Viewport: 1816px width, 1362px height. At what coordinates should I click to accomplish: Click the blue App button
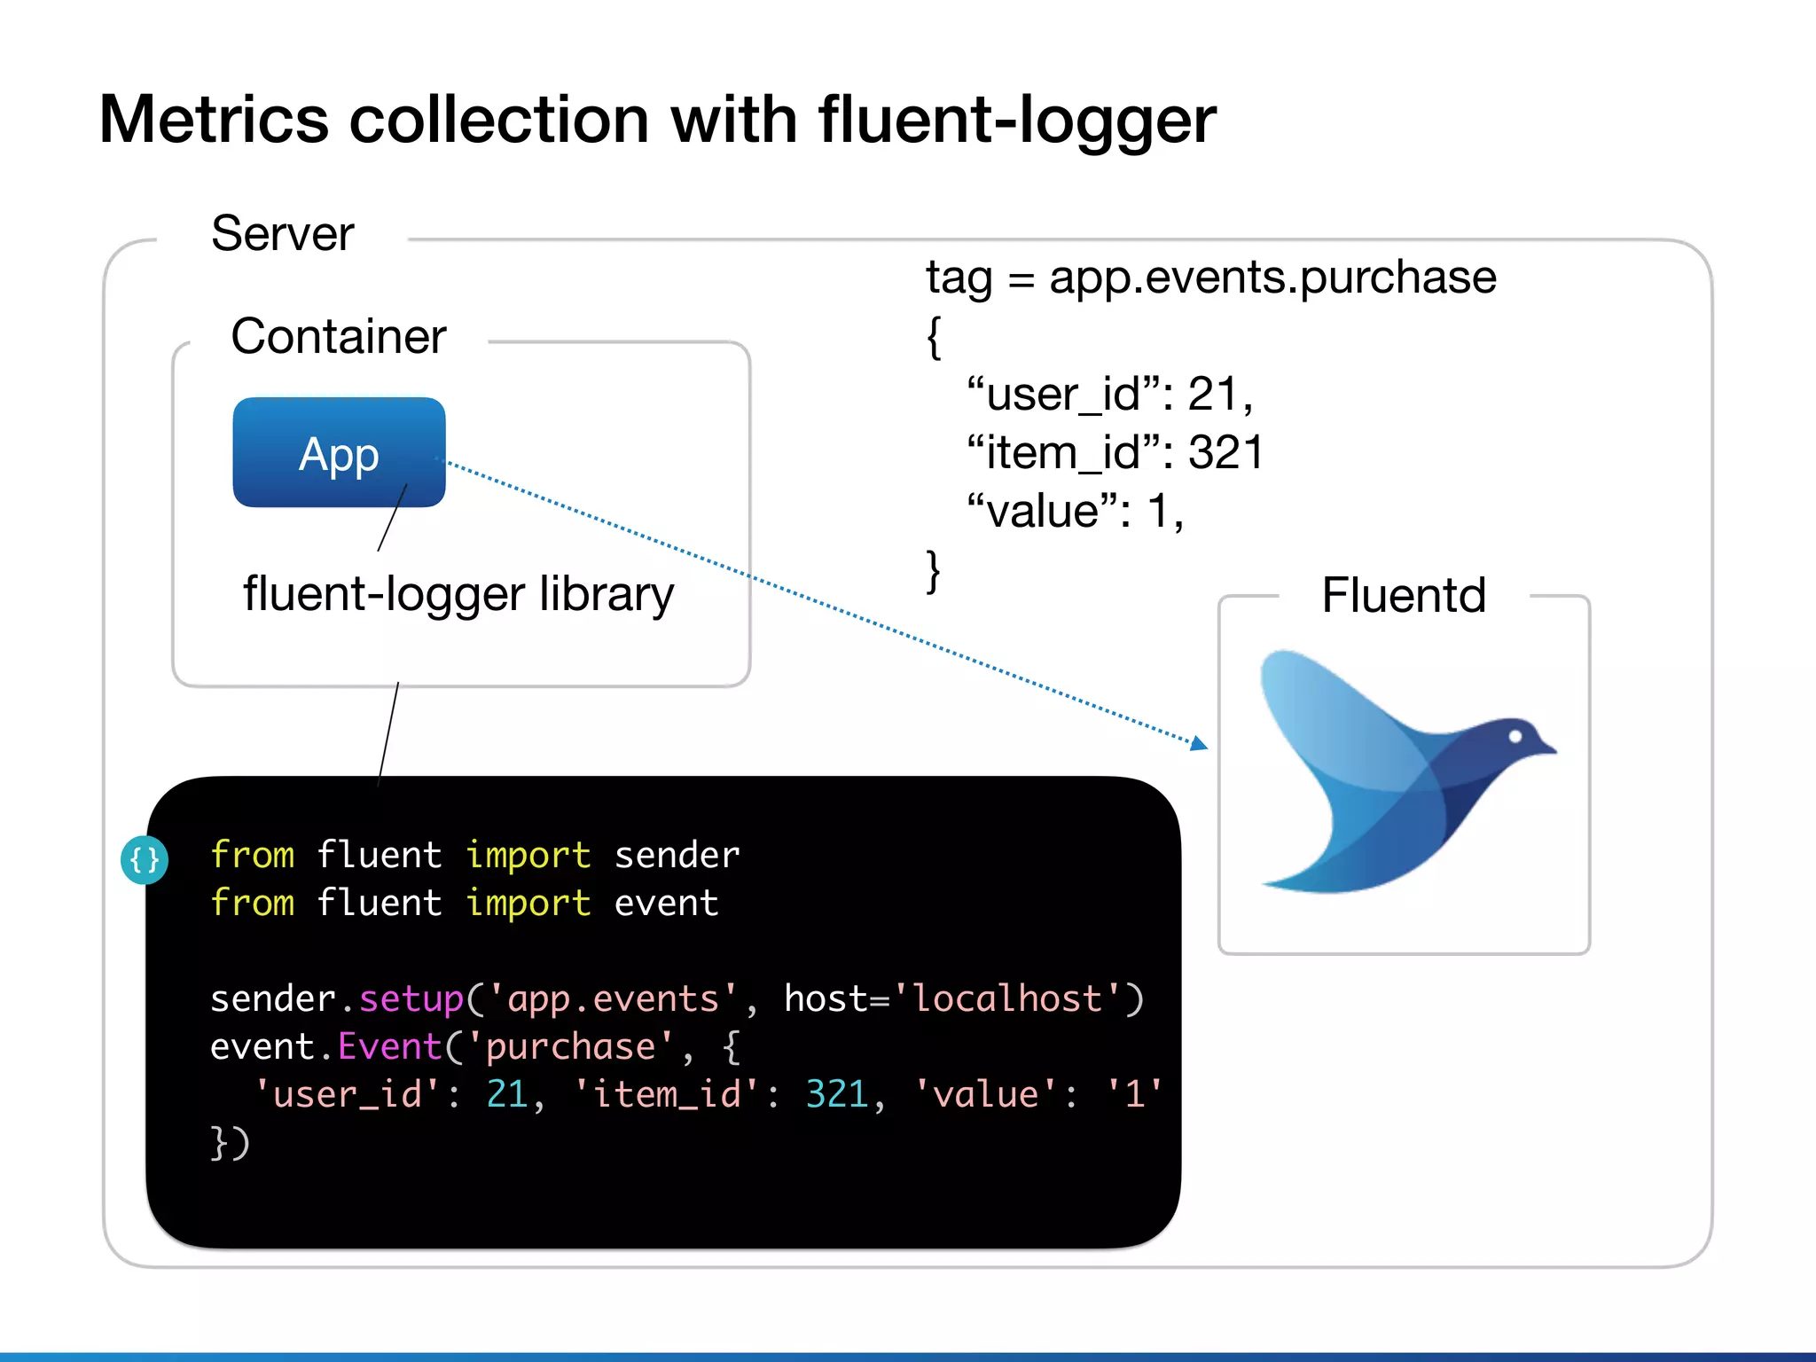pyautogui.click(x=339, y=452)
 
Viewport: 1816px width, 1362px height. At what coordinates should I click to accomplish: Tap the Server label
pyautogui.click(x=282, y=234)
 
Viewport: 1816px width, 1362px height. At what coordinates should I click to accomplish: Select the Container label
pyautogui.click(x=338, y=337)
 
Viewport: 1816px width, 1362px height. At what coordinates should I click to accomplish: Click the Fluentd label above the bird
pyautogui.click(x=1403, y=595)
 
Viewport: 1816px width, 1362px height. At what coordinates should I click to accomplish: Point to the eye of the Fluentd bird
pyautogui.click(x=1515, y=736)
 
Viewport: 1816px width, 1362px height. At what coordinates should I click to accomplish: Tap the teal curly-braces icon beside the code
pyautogui.click(x=145, y=859)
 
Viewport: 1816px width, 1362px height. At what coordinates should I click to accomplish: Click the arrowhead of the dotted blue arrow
pyautogui.click(x=1199, y=743)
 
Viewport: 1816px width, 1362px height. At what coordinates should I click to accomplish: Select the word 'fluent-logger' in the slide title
pyautogui.click(x=1016, y=121)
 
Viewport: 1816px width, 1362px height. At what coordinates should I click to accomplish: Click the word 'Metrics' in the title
pyautogui.click(x=213, y=121)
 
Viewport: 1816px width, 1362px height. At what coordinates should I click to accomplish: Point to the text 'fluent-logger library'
pyautogui.click(x=458, y=594)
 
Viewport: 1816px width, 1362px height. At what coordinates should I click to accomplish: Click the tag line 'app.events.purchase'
pyautogui.click(x=1272, y=278)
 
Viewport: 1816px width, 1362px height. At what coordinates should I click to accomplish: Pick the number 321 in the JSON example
pyautogui.click(x=1225, y=452)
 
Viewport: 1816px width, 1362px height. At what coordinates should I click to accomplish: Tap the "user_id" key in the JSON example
pyautogui.click(x=1064, y=394)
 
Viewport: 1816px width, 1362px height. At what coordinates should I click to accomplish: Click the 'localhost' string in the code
pyautogui.click(x=1008, y=999)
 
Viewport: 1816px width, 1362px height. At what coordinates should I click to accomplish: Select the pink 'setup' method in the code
pyautogui.click(x=411, y=999)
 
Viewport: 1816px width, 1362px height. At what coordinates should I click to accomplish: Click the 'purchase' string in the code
pyautogui.click(x=570, y=1047)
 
